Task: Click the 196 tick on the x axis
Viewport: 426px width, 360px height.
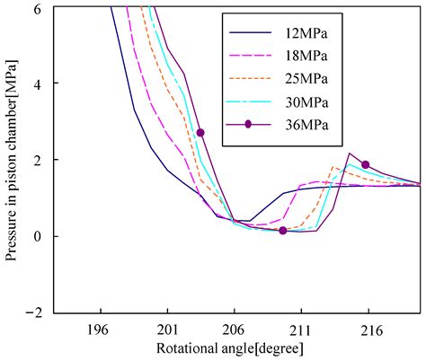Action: tap(99, 329)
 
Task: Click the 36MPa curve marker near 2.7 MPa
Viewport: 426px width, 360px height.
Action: tap(200, 132)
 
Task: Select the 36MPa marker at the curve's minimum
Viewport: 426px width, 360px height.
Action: tap(283, 231)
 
